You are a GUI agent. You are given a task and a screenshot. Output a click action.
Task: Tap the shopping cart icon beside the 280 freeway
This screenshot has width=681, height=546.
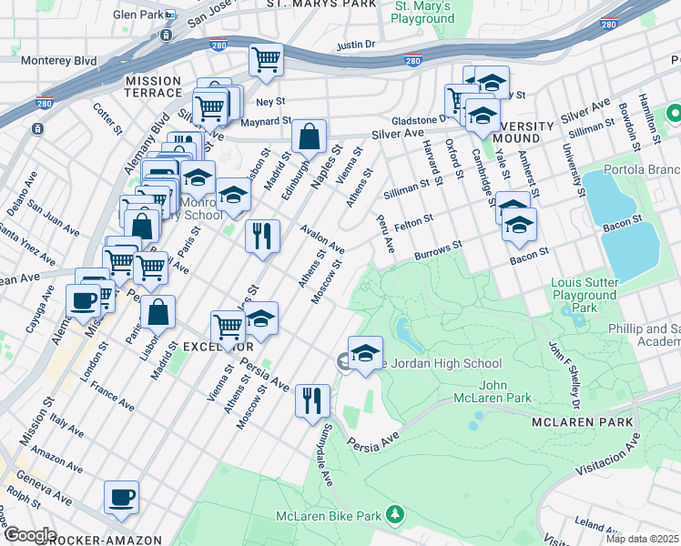pyautogui.click(x=266, y=59)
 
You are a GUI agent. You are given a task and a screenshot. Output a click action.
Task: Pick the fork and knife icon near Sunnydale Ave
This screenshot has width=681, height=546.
pyautogui.click(x=312, y=399)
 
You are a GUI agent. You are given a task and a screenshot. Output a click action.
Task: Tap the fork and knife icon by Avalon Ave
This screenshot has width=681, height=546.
pyautogui.click(x=262, y=236)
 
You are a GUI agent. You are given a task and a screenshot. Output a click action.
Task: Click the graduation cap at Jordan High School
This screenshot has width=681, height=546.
pyautogui.click(x=365, y=353)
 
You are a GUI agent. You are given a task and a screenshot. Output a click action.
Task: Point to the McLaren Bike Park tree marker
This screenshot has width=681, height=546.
pyautogui.click(x=395, y=516)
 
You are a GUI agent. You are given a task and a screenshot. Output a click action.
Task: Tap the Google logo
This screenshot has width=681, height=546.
pyautogui.click(x=29, y=535)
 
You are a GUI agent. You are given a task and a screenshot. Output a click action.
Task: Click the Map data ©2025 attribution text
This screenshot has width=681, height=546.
pyautogui.click(x=643, y=539)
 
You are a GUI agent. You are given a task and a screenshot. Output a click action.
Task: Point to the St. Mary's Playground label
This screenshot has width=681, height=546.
pyautogui.click(x=423, y=12)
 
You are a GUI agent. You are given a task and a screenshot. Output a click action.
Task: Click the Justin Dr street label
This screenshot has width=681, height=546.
pyautogui.click(x=356, y=44)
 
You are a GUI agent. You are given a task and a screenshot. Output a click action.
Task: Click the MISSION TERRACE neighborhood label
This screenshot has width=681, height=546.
pyautogui.click(x=153, y=86)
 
